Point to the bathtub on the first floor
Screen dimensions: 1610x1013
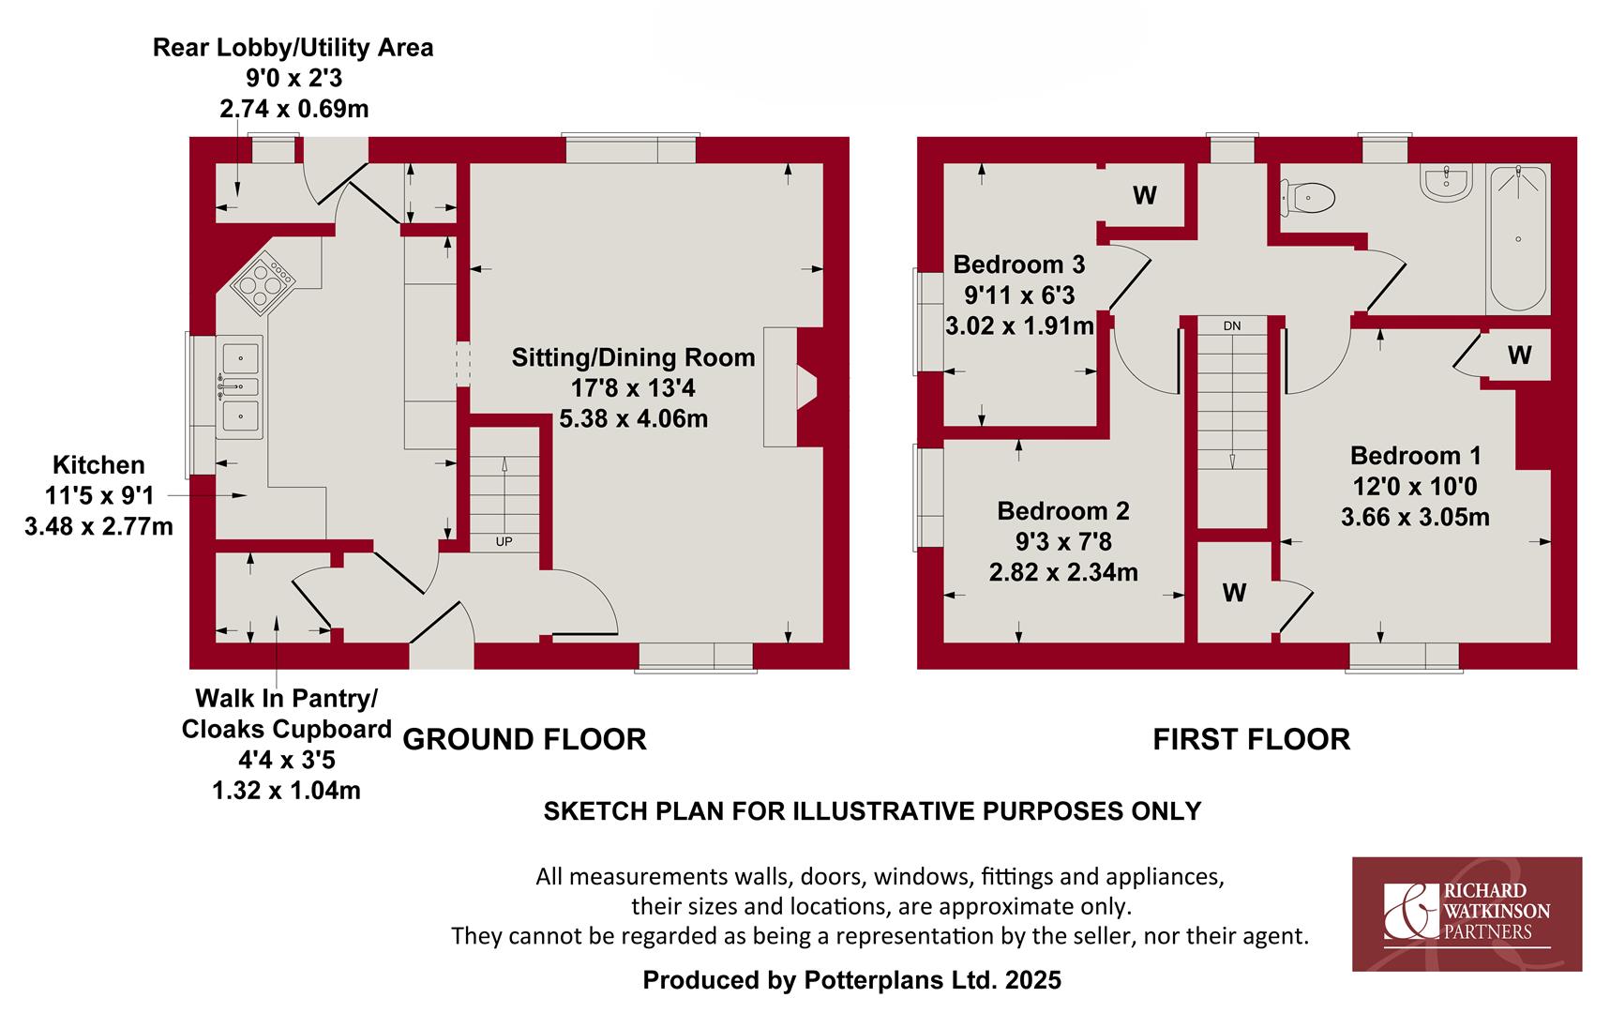1518,238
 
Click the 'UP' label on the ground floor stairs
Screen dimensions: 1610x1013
504,541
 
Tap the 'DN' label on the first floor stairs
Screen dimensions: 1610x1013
1231,325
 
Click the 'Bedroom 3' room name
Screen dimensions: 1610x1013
1018,264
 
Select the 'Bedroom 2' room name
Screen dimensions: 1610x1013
1063,511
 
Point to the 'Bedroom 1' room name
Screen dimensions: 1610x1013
1415,456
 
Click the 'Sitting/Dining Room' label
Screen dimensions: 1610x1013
633,357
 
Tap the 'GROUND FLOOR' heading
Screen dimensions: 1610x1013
524,739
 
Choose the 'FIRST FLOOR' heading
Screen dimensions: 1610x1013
1251,739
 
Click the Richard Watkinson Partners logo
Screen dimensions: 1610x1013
1467,914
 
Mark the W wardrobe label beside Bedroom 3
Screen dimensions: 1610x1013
1144,195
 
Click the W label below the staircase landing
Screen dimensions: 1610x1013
1234,593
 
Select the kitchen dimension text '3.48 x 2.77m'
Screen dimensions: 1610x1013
98,526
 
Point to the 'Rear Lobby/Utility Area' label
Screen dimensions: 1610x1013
293,47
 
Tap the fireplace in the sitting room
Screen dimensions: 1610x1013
792,386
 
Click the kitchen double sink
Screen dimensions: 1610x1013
239,386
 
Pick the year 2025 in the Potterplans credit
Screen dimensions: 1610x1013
1032,980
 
